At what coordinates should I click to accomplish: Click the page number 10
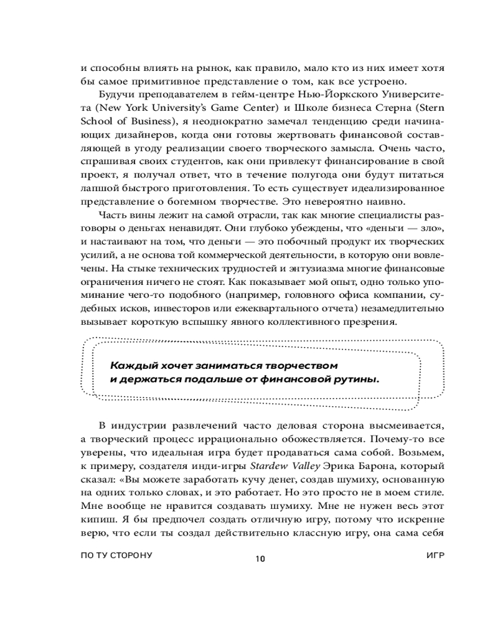[x=260, y=558]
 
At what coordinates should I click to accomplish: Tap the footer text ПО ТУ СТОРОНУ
[x=117, y=554]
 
